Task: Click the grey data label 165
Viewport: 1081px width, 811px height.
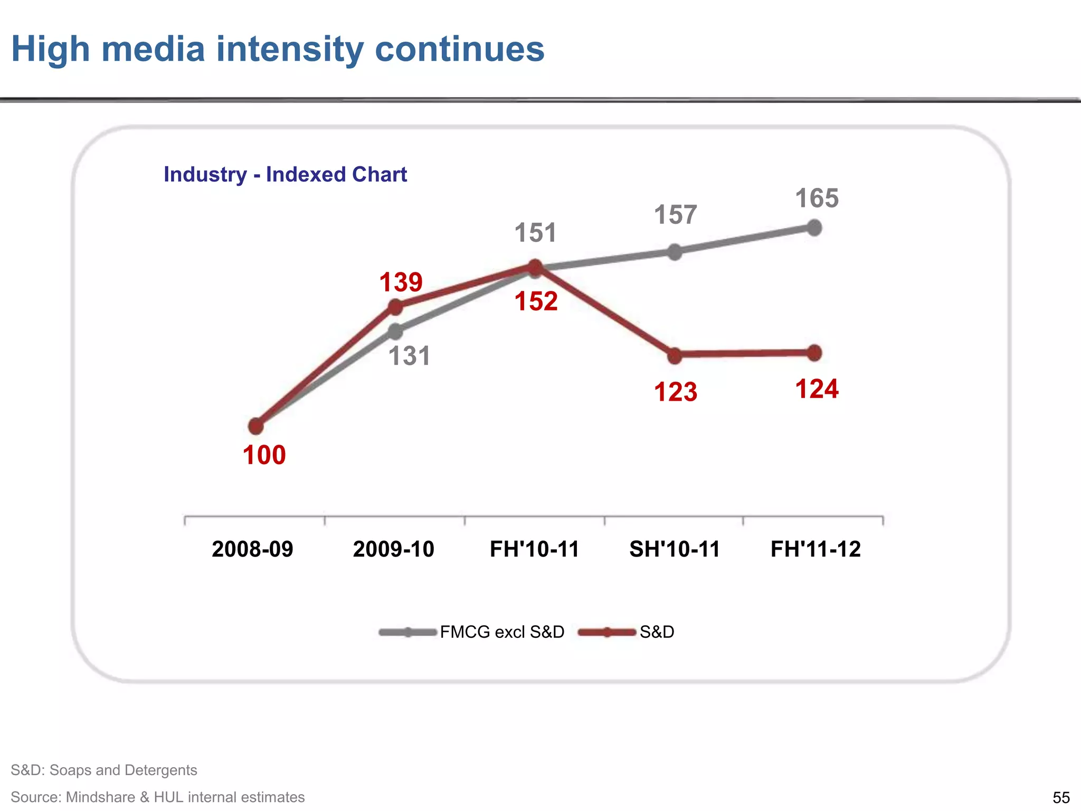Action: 817,199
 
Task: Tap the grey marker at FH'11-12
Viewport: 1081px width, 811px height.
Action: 814,228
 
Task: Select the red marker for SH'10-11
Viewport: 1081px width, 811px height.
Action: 675,356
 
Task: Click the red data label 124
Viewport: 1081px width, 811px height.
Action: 817,389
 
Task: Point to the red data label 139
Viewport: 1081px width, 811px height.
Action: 401,282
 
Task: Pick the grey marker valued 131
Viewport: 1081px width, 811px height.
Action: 395,332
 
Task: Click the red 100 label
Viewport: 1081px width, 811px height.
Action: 264,455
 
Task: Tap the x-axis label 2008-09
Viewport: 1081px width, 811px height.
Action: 252,549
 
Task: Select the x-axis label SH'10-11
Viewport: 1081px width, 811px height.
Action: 675,549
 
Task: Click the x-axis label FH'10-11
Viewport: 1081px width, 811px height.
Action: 534,549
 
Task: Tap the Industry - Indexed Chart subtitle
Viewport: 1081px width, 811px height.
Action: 285,174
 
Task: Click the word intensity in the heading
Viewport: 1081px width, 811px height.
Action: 290,49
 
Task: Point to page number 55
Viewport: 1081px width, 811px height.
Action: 1061,797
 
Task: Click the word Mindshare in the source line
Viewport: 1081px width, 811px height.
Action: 100,797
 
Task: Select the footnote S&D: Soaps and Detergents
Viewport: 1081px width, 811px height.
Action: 104,770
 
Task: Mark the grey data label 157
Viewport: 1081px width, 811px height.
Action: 675,215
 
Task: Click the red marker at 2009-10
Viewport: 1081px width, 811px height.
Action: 395,307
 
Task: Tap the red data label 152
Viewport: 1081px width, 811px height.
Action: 536,301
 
